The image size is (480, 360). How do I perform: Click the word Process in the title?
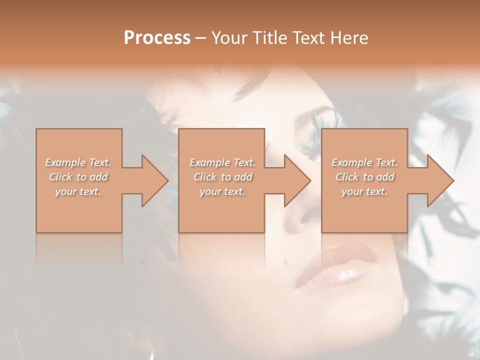pyautogui.click(x=157, y=37)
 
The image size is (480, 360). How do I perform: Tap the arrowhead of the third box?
pyautogui.click(x=437, y=180)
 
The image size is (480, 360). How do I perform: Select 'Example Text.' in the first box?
pyautogui.click(x=78, y=162)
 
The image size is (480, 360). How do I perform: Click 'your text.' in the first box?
pyautogui.click(x=78, y=191)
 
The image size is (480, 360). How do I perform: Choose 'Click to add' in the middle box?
pyautogui.click(x=222, y=177)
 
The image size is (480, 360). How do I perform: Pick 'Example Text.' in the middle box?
pyautogui.click(x=222, y=162)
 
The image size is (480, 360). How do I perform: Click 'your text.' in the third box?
pyautogui.click(x=364, y=191)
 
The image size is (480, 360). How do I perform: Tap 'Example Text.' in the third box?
pyautogui.click(x=364, y=162)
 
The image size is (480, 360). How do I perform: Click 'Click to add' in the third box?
pyautogui.click(x=364, y=177)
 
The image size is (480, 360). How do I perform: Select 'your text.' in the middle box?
pyautogui.click(x=222, y=191)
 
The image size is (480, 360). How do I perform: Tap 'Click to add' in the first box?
pyautogui.click(x=78, y=177)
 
